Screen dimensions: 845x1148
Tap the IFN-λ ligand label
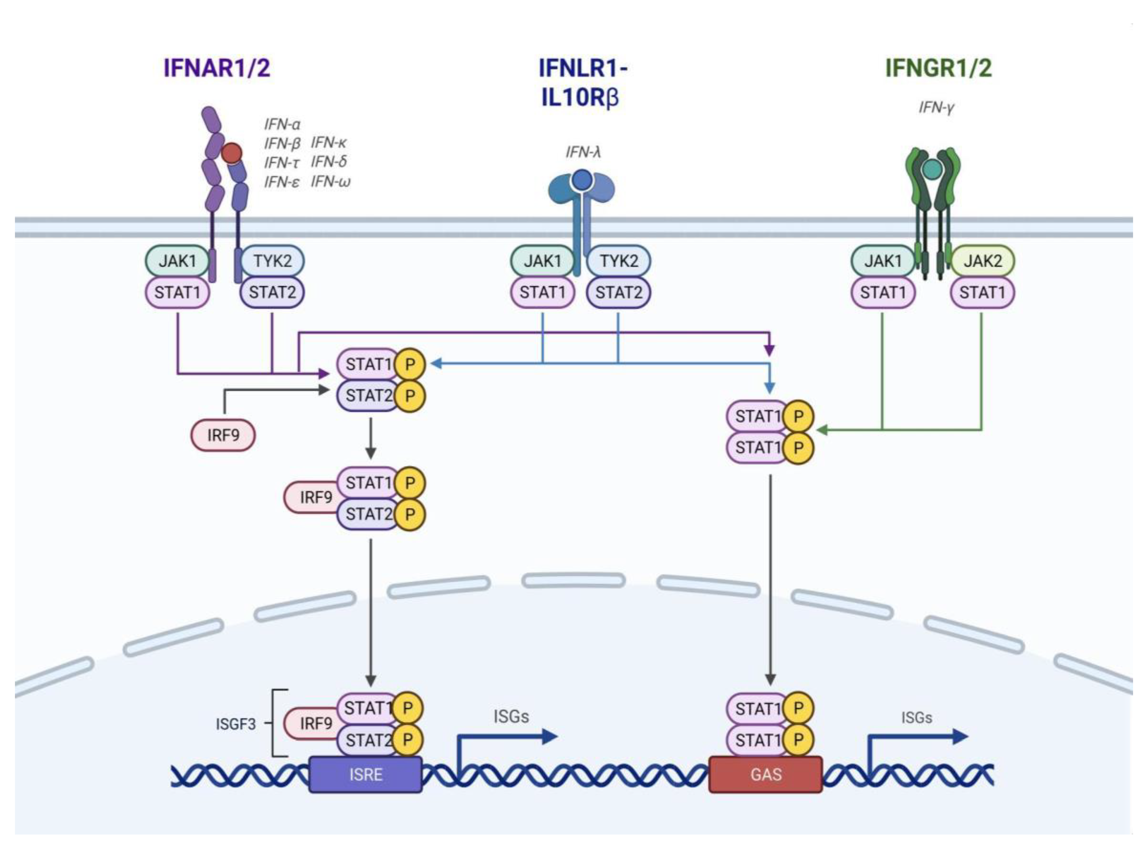click(582, 152)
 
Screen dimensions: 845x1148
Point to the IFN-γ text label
click(936, 108)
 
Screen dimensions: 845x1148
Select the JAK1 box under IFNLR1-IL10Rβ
click(543, 261)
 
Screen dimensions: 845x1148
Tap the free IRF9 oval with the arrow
click(223, 435)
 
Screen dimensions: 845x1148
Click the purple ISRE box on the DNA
click(365, 774)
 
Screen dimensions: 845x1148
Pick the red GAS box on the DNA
click(766, 774)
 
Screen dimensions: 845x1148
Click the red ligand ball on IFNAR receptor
click(232, 152)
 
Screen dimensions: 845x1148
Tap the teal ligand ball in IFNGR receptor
click(933, 169)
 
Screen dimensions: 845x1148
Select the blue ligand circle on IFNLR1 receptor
click(582, 179)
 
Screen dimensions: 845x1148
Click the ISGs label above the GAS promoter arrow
click(916, 718)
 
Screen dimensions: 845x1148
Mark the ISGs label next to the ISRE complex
click(511, 716)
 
